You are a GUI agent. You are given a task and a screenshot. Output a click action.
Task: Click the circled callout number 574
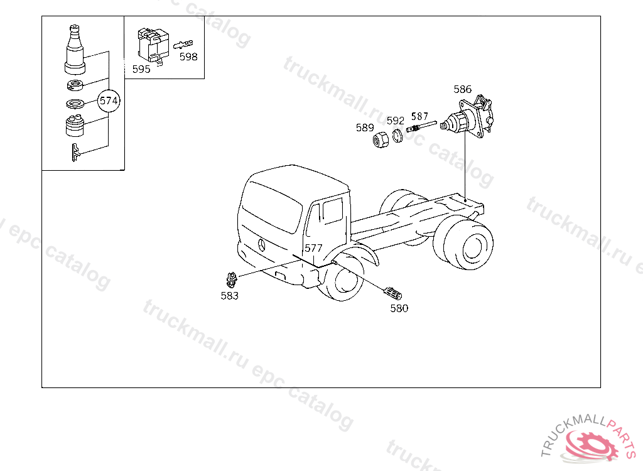click(109, 100)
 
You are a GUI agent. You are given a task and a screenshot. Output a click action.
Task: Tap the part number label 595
click(141, 69)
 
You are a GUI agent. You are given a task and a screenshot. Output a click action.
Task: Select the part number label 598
click(188, 57)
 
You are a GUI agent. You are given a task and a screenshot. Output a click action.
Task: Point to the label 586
click(462, 89)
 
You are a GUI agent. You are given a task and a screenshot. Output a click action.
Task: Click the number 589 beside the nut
click(365, 127)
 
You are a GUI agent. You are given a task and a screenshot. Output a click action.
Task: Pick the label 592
click(396, 121)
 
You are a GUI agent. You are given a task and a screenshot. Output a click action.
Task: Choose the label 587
click(419, 116)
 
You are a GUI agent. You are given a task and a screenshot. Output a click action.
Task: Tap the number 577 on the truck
click(313, 248)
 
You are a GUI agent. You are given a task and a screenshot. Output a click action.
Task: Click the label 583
click(229, 295)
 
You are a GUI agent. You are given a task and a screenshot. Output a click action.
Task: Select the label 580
click(399, 308)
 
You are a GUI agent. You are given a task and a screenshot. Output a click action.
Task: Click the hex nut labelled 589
click(381, 139)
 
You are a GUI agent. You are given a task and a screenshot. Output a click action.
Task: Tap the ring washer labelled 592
click(397, 136)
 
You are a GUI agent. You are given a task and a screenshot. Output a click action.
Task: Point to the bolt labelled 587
click(421, 126)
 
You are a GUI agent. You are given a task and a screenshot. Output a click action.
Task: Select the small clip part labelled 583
click(232, 279)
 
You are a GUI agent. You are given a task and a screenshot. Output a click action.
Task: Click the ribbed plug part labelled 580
click(392, 293)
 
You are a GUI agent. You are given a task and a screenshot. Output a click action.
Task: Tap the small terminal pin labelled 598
click(183, 44)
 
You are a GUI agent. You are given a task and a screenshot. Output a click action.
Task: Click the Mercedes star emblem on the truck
click(261, 244)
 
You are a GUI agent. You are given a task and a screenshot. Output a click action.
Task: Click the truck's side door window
click(332, 210)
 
